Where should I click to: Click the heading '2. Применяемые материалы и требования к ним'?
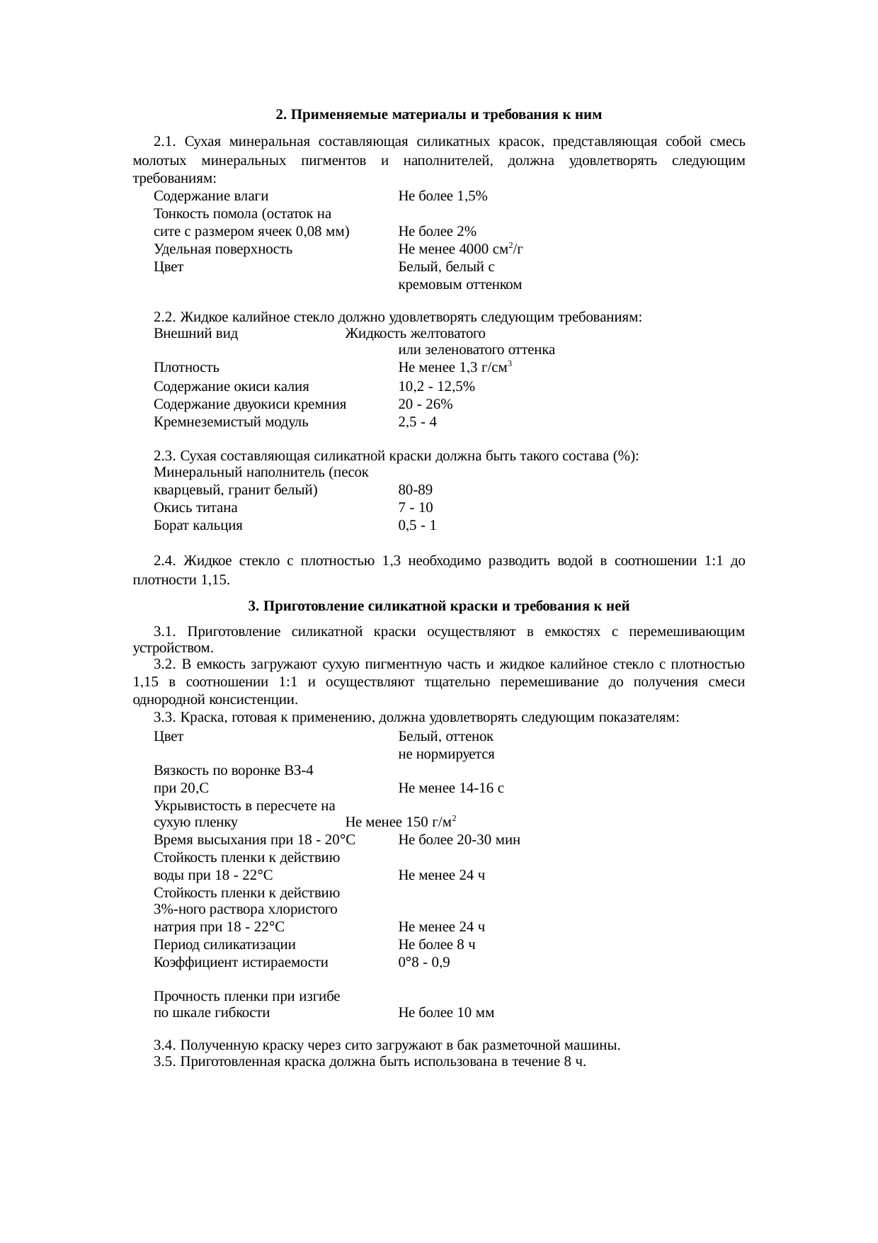[x=438, y=114]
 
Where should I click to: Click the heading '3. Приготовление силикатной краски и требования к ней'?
[x=438, y=606]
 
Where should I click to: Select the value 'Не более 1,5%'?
[x=442, y=196]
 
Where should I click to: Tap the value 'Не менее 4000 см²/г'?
[x=460, y=249]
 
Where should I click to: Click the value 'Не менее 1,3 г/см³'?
[x=455, y=368]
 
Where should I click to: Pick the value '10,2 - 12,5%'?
[x=436, y=387]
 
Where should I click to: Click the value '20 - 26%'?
[x=425, y=404]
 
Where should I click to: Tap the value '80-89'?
[x=415, y=490]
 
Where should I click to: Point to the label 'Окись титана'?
[x=195, y=508]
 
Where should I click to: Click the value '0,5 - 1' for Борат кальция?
[x=417, y=526]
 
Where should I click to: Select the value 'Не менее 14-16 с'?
[x=451, y=788]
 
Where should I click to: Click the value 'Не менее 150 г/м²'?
[x=400, y=822]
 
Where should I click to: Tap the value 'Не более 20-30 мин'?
[x=459, y=840]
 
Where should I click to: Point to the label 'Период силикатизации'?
[x=224, y=945]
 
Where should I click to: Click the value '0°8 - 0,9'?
[x=423, y=963]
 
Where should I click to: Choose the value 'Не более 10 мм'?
[x=446, y=1013]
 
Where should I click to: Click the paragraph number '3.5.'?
[x=165, y=1062]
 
